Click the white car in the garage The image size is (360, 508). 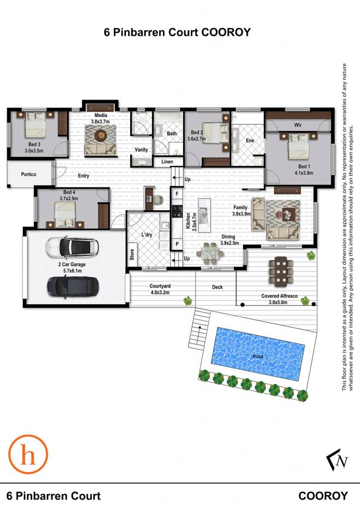tap(72, 247)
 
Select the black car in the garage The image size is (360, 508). tap(73, 286)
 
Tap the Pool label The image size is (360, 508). tap(258, 356)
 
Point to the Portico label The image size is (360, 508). tap(28, 174)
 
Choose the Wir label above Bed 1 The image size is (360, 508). tap(298, 125)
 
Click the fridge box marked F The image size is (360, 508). tap(177, 194)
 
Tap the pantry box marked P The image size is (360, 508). tap(177, 244)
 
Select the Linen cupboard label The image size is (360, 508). tap(167, 161)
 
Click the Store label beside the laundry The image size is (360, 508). tap(132, 254)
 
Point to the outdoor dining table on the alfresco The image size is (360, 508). tap(281, 271)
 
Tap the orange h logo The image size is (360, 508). tap(28, 454)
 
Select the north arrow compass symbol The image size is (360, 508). tap(337, 459)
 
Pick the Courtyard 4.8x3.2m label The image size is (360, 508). tap(160, 289)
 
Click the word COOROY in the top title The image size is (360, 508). tap(226, 32)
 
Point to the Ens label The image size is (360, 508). tap(250, 140)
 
